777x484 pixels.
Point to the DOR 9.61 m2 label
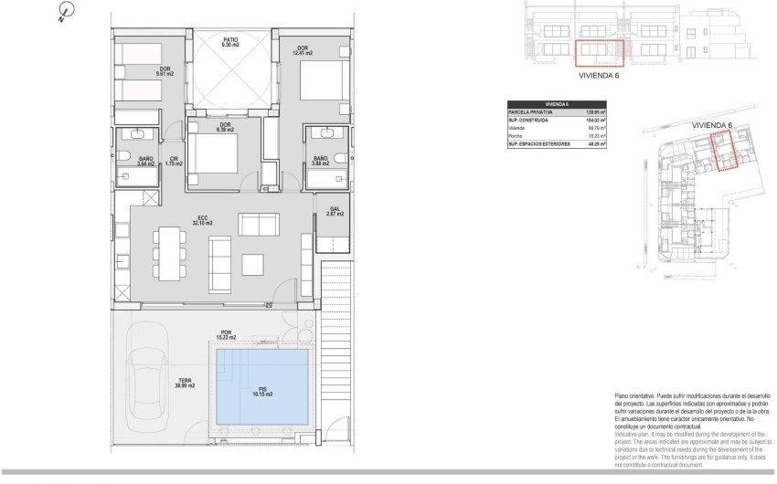coord(165,73)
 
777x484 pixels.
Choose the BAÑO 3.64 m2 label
coord(145,163)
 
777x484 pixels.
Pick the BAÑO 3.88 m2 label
coord(320,163)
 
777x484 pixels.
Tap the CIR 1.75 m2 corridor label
coord(174,163)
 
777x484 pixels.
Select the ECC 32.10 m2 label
coord(202,219)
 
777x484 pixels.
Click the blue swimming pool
coord(261,389)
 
